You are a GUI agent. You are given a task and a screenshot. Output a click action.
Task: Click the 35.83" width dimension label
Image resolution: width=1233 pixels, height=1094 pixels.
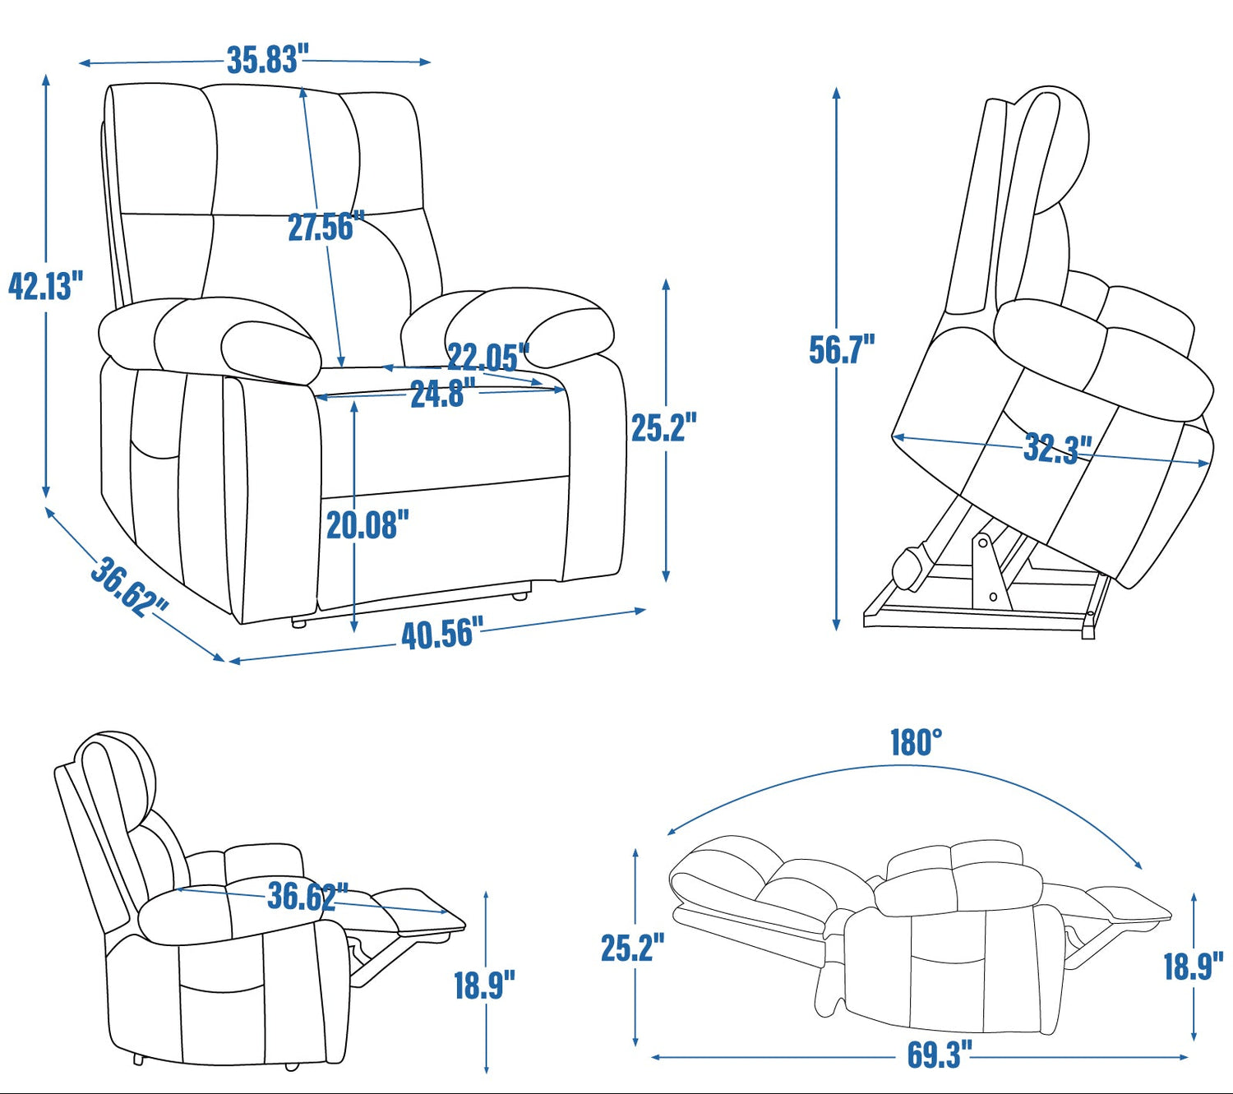(264, 60)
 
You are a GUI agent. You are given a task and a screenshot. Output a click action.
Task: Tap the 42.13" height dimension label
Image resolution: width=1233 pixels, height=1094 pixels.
(45, 285)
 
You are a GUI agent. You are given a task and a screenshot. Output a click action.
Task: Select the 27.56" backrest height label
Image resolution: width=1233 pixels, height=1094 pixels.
(326, 226)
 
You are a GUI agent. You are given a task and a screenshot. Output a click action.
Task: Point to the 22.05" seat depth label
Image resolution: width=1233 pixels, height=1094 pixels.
(488, 358)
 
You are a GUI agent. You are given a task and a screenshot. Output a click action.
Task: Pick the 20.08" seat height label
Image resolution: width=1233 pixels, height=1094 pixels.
(367, 524)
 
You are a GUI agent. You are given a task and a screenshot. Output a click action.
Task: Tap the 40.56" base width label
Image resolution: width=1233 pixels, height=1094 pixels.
(442, 634)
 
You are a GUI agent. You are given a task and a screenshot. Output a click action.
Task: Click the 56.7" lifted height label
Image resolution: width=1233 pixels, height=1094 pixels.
(842, 349)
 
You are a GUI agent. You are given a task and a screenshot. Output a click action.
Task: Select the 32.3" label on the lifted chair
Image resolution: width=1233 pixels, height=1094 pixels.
(1058, 449)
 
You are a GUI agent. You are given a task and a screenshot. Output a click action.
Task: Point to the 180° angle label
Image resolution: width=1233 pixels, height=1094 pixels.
(916, 742)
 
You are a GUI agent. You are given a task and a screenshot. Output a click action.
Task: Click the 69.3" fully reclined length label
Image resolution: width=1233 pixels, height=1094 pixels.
(940, 1055)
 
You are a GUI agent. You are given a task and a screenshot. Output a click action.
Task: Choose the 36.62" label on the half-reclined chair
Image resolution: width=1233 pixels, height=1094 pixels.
(307, 896)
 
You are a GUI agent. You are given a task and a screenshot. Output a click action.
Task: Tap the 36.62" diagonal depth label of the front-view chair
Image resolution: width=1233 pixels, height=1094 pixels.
(129, 587)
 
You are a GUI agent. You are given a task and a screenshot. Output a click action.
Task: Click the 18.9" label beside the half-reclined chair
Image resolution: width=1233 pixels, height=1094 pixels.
(484, 985)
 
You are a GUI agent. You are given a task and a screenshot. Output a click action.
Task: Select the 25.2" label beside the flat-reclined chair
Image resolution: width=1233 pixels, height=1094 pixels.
(632, 948)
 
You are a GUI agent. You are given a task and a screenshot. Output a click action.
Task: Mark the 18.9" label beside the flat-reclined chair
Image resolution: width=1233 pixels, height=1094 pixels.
(1194, 967)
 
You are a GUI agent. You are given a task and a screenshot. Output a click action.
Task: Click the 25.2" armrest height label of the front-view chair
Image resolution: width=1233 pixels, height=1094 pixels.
(663, 427)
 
